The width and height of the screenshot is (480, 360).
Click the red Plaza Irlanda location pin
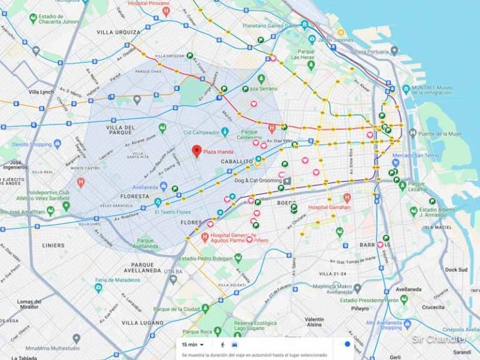click(x=196, y=151)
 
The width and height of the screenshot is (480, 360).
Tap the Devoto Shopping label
click(x=31, y=144)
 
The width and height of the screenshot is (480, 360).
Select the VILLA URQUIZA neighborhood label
click(x=118, y=31)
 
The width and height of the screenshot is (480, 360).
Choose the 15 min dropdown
click(x=189, y=344)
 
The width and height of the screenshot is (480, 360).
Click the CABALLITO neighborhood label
click(x=236, y=161)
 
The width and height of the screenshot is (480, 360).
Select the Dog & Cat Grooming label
click(x=257, y=181)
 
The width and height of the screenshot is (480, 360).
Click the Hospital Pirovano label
click(x=149, y=4)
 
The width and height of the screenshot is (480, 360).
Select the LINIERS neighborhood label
click(x=52, y=245)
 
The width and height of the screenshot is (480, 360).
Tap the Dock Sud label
click(x=456, y=269)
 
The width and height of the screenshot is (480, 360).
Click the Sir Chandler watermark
click(x=439, y=339)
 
